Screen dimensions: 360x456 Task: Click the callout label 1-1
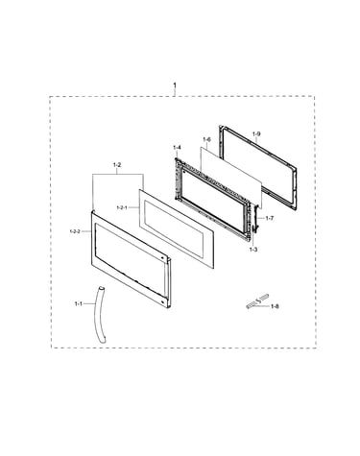(79, 303)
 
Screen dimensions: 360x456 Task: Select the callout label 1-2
(117, 165)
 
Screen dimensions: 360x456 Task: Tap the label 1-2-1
(122, 207)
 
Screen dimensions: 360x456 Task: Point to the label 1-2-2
(75, 230)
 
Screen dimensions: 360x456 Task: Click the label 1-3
(253, 250)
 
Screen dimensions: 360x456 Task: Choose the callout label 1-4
(177, 148)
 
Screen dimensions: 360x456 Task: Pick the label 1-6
(206, 139)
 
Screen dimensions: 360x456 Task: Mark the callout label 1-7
(270, 218)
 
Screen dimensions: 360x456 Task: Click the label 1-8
(275, 306)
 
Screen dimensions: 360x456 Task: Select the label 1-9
(256, 134)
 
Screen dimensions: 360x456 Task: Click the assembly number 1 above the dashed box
(175, 85)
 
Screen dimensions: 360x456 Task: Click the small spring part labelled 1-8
(258, 301)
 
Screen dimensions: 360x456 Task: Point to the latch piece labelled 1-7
(255, 218)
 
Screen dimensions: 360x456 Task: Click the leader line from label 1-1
(89, 303)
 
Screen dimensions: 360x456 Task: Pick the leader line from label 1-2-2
(86, 230)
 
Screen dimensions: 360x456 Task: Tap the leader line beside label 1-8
(263, 306)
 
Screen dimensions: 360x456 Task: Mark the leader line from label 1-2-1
(133, 207)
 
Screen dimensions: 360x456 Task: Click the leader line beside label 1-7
(261, 218)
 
